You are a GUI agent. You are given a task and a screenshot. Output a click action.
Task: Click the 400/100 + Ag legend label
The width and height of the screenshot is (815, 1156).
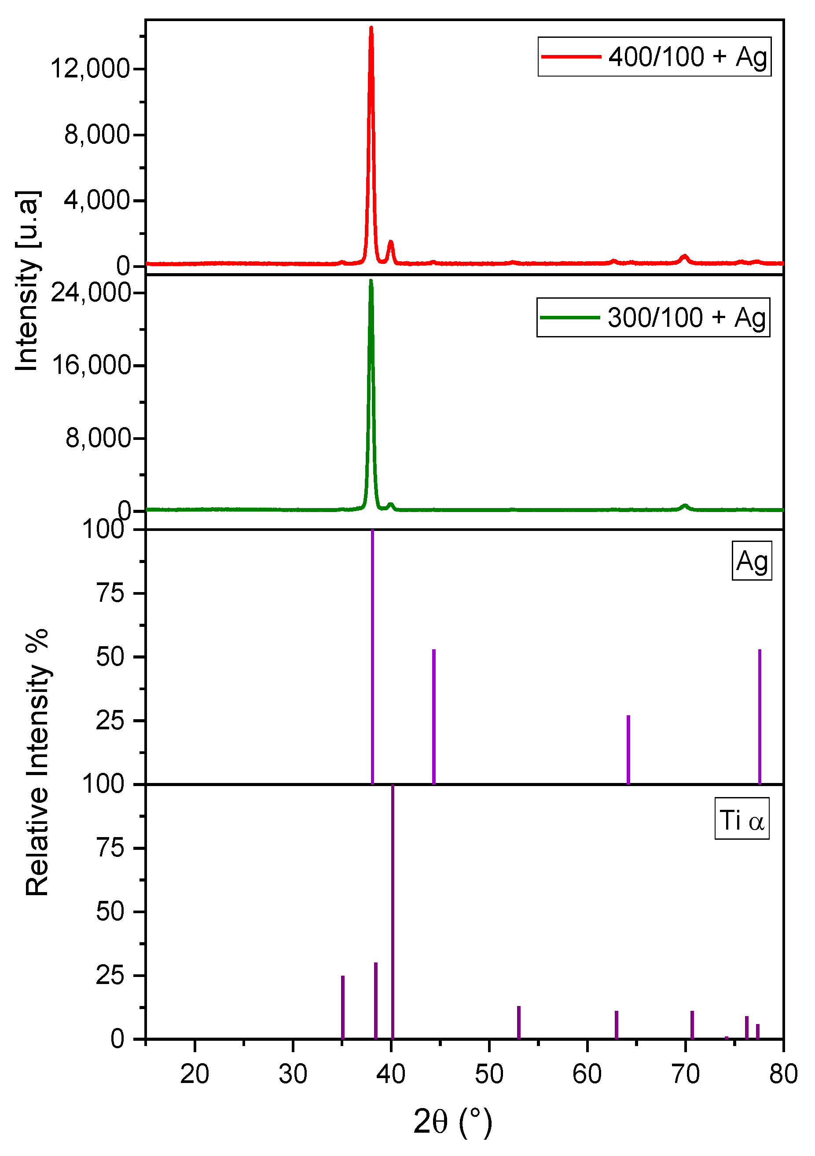[687, 57]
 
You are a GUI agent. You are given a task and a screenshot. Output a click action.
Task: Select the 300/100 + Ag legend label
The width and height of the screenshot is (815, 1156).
[686, 318]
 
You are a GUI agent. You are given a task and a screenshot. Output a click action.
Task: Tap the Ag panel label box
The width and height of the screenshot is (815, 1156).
[751, 561]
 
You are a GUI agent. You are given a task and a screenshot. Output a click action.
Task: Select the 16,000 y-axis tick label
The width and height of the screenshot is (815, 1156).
[91, 365]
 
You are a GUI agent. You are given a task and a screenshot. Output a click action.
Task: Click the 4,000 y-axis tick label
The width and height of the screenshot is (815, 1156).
[97, 201]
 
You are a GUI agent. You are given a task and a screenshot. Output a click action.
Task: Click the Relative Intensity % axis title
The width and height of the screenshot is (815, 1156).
[37, 762]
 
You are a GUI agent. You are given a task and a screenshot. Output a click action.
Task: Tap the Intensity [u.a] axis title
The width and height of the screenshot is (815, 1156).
[27, 281]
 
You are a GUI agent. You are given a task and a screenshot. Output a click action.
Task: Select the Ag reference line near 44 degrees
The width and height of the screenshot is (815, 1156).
[434, 717]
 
